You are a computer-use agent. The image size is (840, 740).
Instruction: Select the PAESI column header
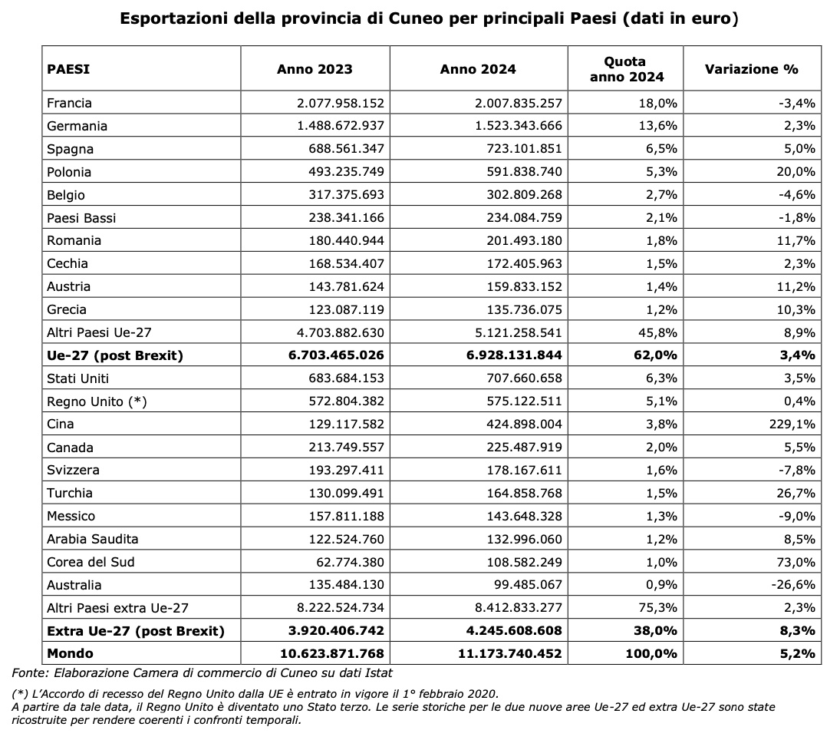[68, 69]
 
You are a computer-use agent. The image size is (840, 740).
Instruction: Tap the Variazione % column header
[751, 69]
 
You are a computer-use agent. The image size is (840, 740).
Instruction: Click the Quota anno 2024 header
[625, 69]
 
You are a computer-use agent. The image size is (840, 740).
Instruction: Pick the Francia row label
[69, 103]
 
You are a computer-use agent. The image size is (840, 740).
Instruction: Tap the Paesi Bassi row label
[81, 218]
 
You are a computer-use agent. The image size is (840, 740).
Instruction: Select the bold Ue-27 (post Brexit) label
[114, 355]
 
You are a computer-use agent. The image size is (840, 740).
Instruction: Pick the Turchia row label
[70, 493]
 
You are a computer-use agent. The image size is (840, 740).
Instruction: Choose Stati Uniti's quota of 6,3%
[661, 378]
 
